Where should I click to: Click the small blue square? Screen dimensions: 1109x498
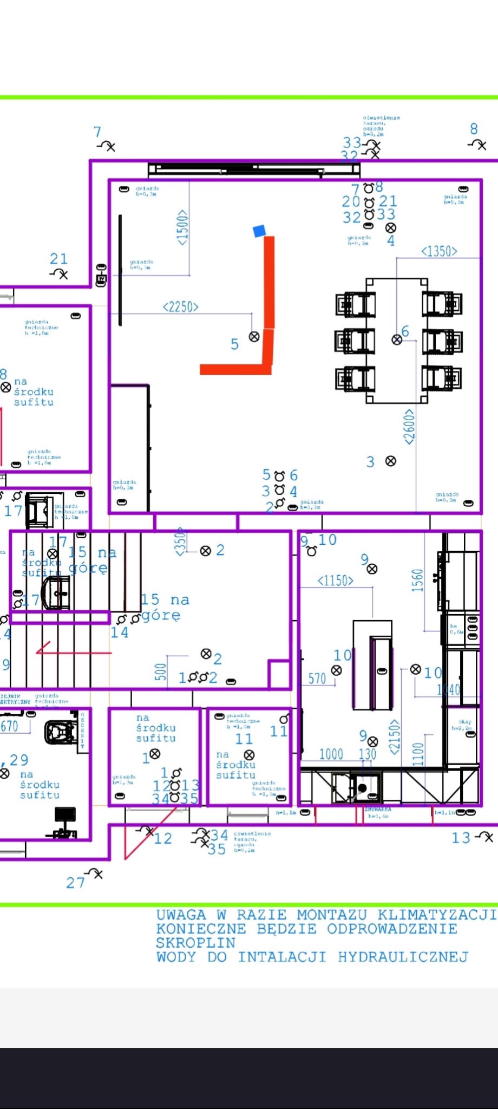coord(260,231)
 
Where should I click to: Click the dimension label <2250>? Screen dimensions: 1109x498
coord(181,307)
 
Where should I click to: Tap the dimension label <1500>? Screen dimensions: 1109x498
coord(183,228)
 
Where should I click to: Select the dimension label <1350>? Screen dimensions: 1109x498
coord(439,251)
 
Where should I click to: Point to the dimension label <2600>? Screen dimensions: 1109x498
coord(409,427)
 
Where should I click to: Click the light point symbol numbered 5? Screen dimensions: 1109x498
coord(254,337)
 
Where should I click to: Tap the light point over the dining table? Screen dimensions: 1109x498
coord(397,340)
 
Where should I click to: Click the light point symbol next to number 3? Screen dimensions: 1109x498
coord(390,461)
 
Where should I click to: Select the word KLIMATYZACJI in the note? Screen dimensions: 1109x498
coord(436,915)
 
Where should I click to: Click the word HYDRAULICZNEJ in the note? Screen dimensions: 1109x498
coord(403,957)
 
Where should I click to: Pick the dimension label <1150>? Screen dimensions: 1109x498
coord(336,581)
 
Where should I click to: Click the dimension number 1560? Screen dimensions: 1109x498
coord(417,580)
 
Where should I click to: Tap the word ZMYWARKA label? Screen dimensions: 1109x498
coord(377,810)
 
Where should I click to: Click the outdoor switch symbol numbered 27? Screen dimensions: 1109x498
coord(96,873)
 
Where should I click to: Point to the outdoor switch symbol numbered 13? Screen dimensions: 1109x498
coord(486,837)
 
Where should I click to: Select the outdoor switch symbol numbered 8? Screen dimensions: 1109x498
coord(479,144)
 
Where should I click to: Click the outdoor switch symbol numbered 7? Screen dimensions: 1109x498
coord(107,146)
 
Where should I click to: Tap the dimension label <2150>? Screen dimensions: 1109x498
coord(395,737)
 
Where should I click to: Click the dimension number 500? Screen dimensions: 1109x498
coord(161,672)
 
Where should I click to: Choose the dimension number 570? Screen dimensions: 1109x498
coord(317,679)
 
